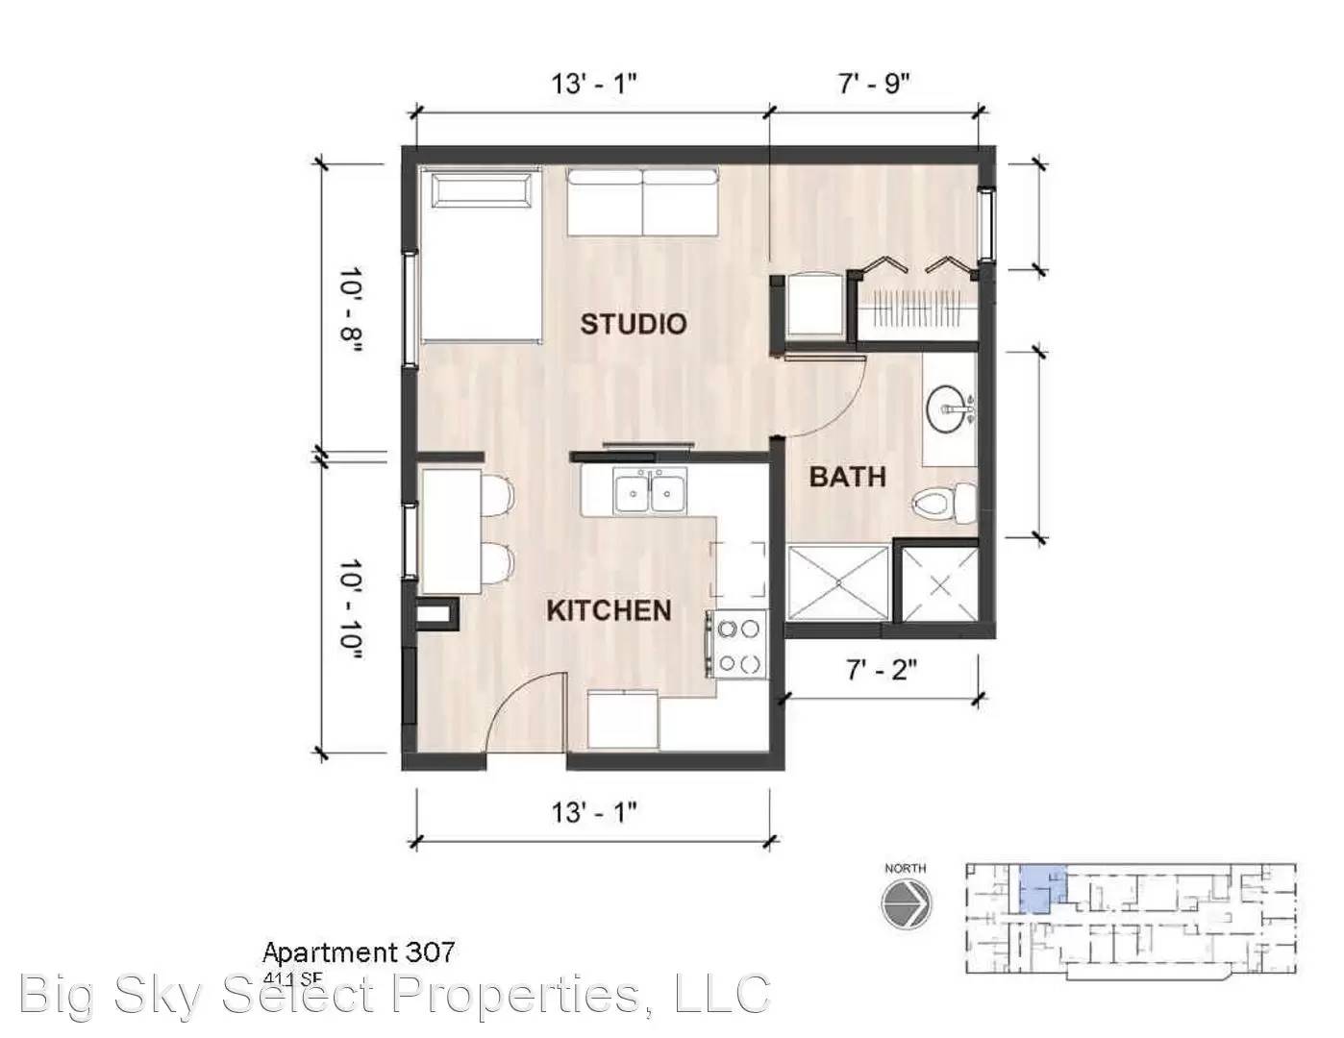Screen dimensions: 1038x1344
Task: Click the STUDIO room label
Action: [x=633, y=324]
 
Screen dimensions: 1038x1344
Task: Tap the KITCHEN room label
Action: [x=609, y=610]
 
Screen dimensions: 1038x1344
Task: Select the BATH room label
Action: [x=847, y=476]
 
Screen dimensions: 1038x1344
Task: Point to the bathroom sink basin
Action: [x=949, y=410]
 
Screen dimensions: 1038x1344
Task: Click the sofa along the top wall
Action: [x=642, y=203]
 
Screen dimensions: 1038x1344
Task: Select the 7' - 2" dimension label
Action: [x=881, y=669]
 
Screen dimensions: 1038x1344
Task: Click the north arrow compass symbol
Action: [x=906, y=904]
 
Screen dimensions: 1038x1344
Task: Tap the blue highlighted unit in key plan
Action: [x=1041, y=888]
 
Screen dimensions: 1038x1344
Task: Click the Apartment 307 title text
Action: [x=359, y=952]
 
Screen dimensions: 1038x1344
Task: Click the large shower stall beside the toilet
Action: [x=837, y=582]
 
